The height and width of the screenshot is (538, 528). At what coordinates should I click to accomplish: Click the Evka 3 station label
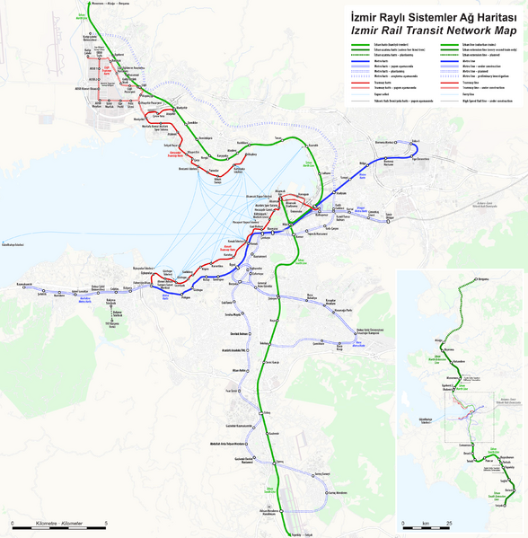pos(416,141)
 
